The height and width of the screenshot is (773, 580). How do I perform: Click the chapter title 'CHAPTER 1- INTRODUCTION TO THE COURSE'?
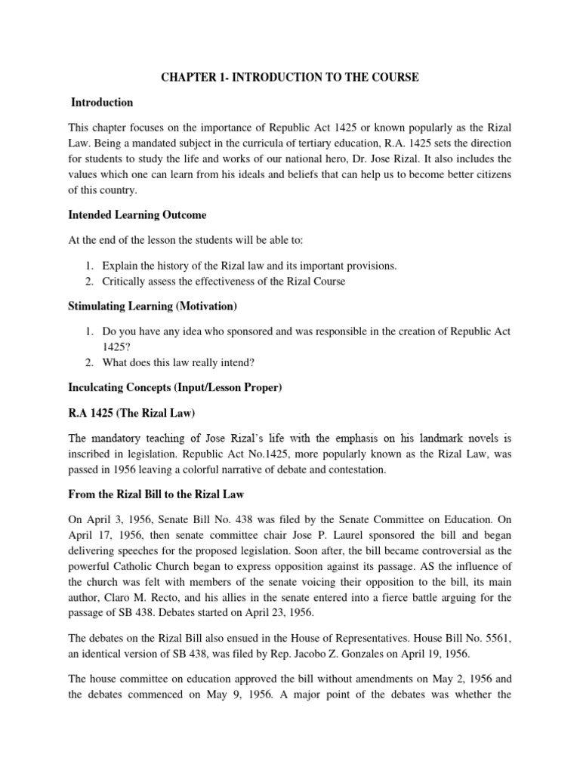289,77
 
